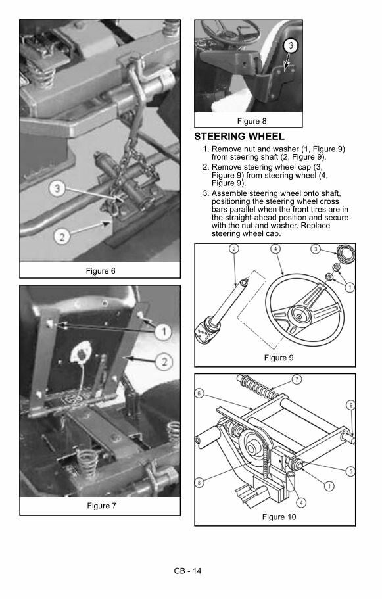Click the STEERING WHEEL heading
[239, 136]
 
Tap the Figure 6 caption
[101, 271]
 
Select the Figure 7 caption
[101, 506]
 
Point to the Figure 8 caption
[252, 121]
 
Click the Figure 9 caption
[279, 358]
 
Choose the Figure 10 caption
[279, 517]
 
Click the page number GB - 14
[187, 571]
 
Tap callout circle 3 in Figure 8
[291, 46]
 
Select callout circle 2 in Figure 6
[61, 237]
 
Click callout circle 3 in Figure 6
[57, 188]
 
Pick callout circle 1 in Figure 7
[164, 331]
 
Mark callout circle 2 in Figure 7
[164, 362]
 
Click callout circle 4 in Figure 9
[275, 249]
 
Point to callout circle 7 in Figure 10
[297, 379]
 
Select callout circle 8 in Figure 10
[199, 483]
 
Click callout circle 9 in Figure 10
[351, 405]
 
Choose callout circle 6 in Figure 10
[199, 393]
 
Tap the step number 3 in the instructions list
[206, 194]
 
